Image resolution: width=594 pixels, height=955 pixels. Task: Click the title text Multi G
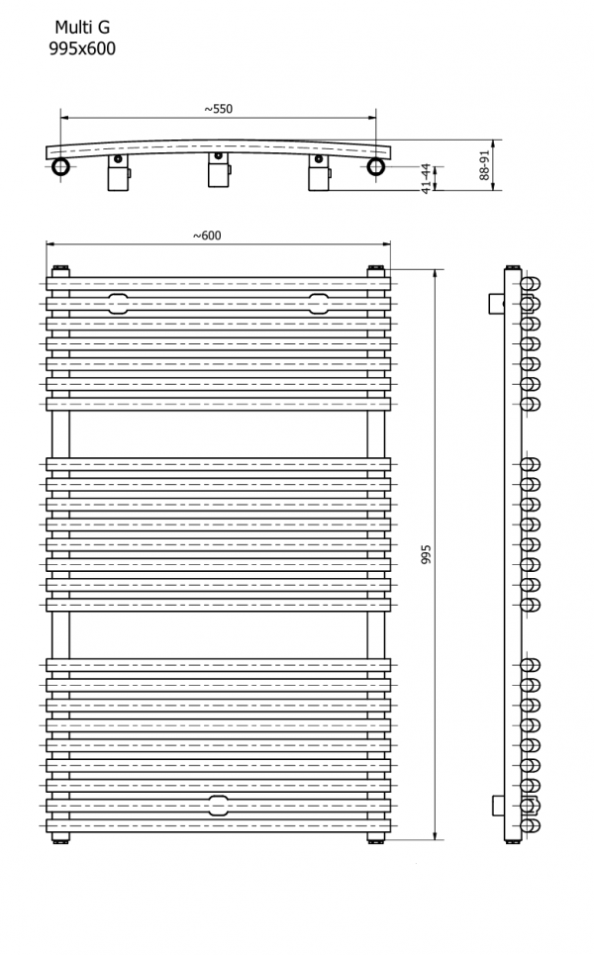pyautogui.click(x=82, y=28)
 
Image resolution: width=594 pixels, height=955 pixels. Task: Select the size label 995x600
pyautogui.click(x=82, y=48)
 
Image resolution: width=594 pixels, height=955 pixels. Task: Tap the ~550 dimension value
pyautogui.click(x=218, y=109)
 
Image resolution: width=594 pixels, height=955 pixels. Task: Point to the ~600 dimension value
pyautogui.click(x=207, y=236)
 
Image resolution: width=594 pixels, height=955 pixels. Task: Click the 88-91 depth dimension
pyautogui.click(x=484, y=165)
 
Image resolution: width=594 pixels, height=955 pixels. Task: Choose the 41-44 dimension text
pyautogui.click(x=427, y=178)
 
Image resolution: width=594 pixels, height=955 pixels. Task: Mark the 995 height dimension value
pyautogui.click(x=426, y=554)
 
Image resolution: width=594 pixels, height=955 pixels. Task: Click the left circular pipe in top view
pyautogui.click(x=61, y=166)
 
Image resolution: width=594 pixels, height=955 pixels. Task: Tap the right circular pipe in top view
pyautogui.click(x=376, y=166)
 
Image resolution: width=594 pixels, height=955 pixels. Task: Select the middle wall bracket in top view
pyautogui.click(x=219, y=170)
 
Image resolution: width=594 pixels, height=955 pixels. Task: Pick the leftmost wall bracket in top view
pyautogui.click(x=119, y=172)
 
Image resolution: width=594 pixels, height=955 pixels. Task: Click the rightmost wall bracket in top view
pyautogui.click(x=319, y=172)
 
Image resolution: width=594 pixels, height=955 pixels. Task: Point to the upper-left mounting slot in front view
pyautogui.click(x=118, y=303)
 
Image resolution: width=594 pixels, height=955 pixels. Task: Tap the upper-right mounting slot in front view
pyautogui.click(x=318, y=303)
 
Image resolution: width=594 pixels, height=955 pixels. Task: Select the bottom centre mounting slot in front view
pyautogui.click(x=218, y=806)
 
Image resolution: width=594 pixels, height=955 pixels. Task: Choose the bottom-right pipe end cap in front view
pyautogui.click(x=375, y=840)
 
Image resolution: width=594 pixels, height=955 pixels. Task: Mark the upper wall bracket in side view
pyautogui.click(x=497, y=303)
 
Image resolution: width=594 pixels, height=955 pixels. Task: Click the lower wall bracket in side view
pyautogui.click(x=499, y=806)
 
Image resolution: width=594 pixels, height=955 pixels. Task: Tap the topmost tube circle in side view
pyautogui.click(x=531, y=284)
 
